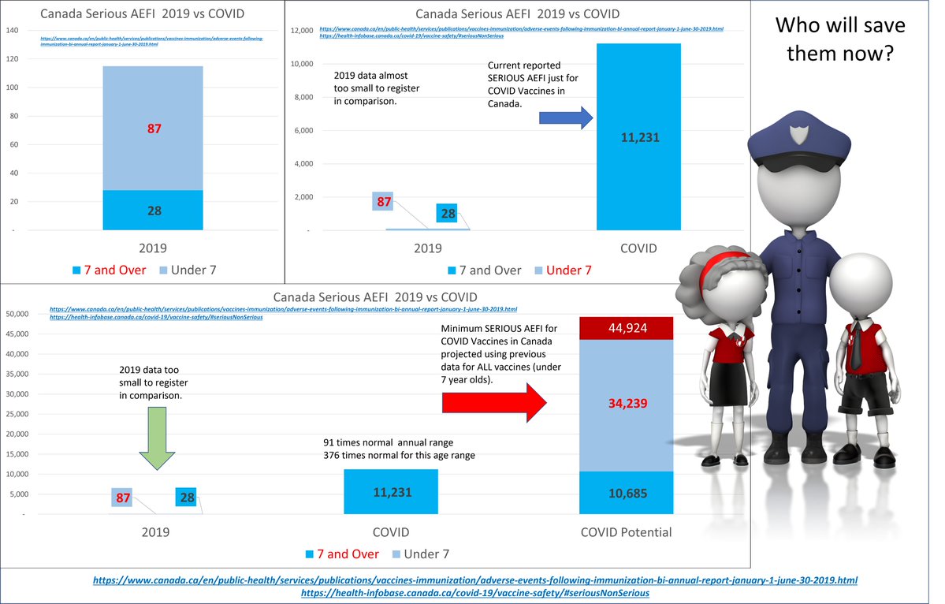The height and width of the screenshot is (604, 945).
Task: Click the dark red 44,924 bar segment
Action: [626, 328]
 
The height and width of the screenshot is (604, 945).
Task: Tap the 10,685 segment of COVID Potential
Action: [626, 493]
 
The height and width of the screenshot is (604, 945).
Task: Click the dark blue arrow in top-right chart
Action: [564, 118]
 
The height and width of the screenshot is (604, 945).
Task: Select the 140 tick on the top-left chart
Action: [13, 31]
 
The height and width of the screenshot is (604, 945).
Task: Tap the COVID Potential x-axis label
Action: [626, 532]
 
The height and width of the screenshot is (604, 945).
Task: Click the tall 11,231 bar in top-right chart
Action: [638, 136]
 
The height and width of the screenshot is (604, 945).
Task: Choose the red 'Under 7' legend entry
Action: [561, 270]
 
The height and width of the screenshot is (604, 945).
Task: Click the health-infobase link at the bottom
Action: [475, 592]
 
